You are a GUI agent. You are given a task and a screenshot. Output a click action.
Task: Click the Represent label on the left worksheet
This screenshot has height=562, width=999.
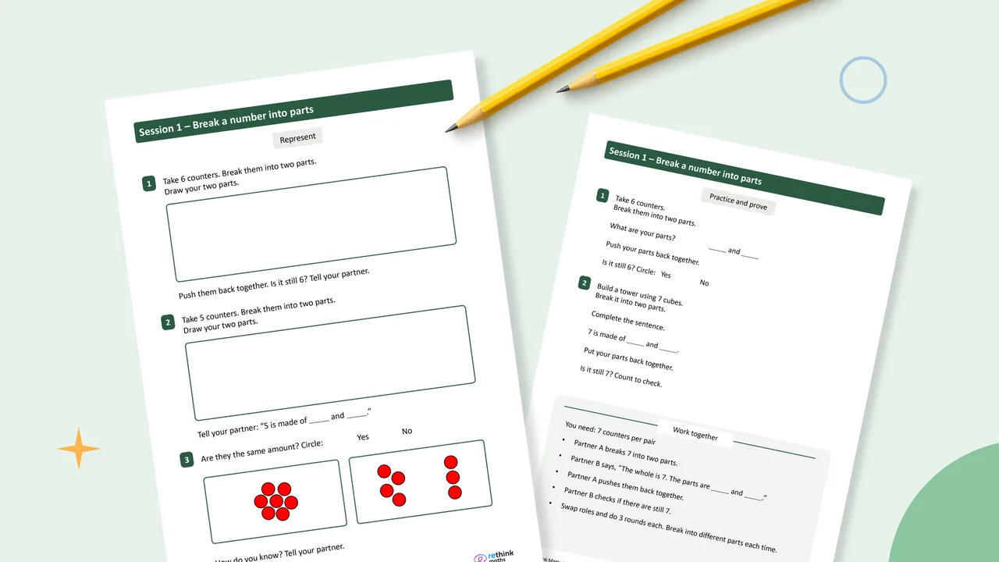pyautogui.click(x=297, y=138)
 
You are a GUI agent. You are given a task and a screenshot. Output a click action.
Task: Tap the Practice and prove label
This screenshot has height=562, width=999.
pyautogui.click(x=738, y=202)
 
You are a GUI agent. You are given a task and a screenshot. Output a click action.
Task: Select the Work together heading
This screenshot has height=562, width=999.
pyautogui.click(x=695, y=433)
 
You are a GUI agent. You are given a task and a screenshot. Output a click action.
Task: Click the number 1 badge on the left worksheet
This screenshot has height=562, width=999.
pyautogui.click(x=149, y=183)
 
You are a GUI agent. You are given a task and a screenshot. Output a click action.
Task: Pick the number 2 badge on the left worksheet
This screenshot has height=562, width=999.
pyautogui.click(x=168, y=322)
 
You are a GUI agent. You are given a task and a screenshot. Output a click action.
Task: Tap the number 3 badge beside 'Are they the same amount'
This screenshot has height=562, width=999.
pyautogui.click(x=187, y=460)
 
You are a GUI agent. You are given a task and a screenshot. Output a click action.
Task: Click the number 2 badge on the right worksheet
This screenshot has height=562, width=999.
pyautogui.click(x=585, y=283)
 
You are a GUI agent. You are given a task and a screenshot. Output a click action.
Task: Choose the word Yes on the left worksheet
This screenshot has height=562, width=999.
pyautogui.click(x=363, y=437)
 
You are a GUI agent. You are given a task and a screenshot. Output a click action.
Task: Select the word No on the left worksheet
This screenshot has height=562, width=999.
pyautogui.click(x=407, y=431)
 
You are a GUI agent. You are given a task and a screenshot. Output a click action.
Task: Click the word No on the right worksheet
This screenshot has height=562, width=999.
pyautogui.click(x=704, y=283)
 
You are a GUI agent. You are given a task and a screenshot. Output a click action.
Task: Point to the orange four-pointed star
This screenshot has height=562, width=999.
pyautogui.click(x=79, y=449)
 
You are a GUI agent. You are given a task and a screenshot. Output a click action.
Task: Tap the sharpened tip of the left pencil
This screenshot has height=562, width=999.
pyautogui.click(x=446, y=130)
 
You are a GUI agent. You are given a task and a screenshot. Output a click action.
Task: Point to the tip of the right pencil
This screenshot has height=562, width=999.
pyautogui.click(x=557, y=91)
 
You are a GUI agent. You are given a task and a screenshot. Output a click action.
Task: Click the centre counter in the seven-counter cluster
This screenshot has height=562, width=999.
pyautogui.click(x=276, y=501)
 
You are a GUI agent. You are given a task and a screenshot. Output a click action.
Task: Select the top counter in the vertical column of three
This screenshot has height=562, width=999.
pyautogui.click(x=451, y=462)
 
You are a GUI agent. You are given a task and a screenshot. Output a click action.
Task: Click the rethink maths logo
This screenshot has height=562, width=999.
pyautogui.click(x=494, y=557)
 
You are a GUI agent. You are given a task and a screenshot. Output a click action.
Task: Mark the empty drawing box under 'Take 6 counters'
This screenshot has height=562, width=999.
pyautogui.click(x=311, y=224)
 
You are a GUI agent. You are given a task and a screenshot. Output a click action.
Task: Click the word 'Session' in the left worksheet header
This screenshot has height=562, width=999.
pyautogui.click(x=156, y=130)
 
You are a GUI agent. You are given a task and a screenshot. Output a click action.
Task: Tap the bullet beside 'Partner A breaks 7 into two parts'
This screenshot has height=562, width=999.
pyautogui.click(x=563, y=439)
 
